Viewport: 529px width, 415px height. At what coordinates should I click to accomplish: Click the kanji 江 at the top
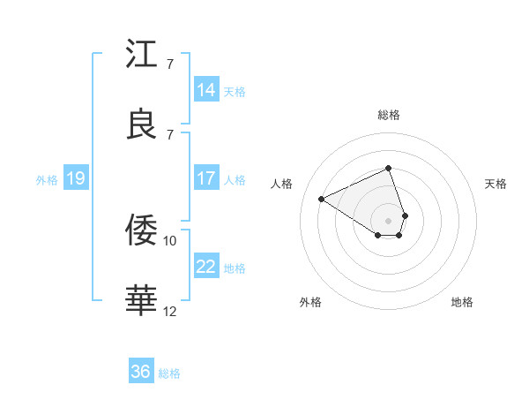142,55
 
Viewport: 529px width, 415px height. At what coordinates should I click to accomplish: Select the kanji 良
142,124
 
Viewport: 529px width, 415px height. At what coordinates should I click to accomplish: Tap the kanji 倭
142,231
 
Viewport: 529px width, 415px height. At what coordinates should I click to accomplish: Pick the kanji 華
142,300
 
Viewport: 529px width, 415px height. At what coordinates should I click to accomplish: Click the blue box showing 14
206,90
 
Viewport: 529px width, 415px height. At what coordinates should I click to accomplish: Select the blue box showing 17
206,178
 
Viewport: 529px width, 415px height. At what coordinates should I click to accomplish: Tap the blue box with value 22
206,267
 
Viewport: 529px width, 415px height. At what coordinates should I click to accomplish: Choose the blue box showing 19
76,178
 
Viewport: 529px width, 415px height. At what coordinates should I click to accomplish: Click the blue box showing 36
141,372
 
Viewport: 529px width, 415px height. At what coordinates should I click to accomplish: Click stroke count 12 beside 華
170,310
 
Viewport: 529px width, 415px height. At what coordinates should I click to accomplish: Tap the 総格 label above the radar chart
389,115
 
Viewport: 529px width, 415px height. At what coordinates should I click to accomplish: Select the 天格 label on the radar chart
495,184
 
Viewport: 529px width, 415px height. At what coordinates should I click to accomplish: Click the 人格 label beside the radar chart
283,184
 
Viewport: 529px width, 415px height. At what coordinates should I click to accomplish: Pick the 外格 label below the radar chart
310,303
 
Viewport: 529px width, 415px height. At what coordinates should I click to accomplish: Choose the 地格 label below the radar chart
462,303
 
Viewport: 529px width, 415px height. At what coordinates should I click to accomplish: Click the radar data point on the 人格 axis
322,199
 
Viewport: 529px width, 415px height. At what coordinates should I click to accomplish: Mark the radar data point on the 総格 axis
389,168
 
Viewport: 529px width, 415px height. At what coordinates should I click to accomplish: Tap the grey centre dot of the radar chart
389,220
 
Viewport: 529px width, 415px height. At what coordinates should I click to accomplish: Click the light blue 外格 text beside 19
47,179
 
